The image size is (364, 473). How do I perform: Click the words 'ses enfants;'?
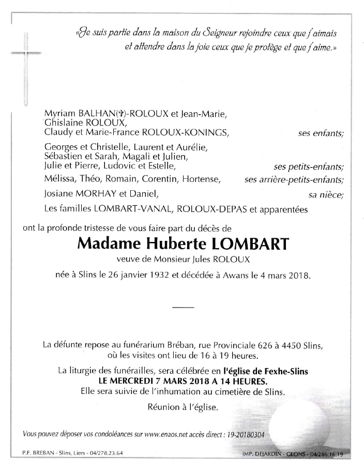[321, 133]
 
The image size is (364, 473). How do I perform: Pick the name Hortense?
[204, 180]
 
